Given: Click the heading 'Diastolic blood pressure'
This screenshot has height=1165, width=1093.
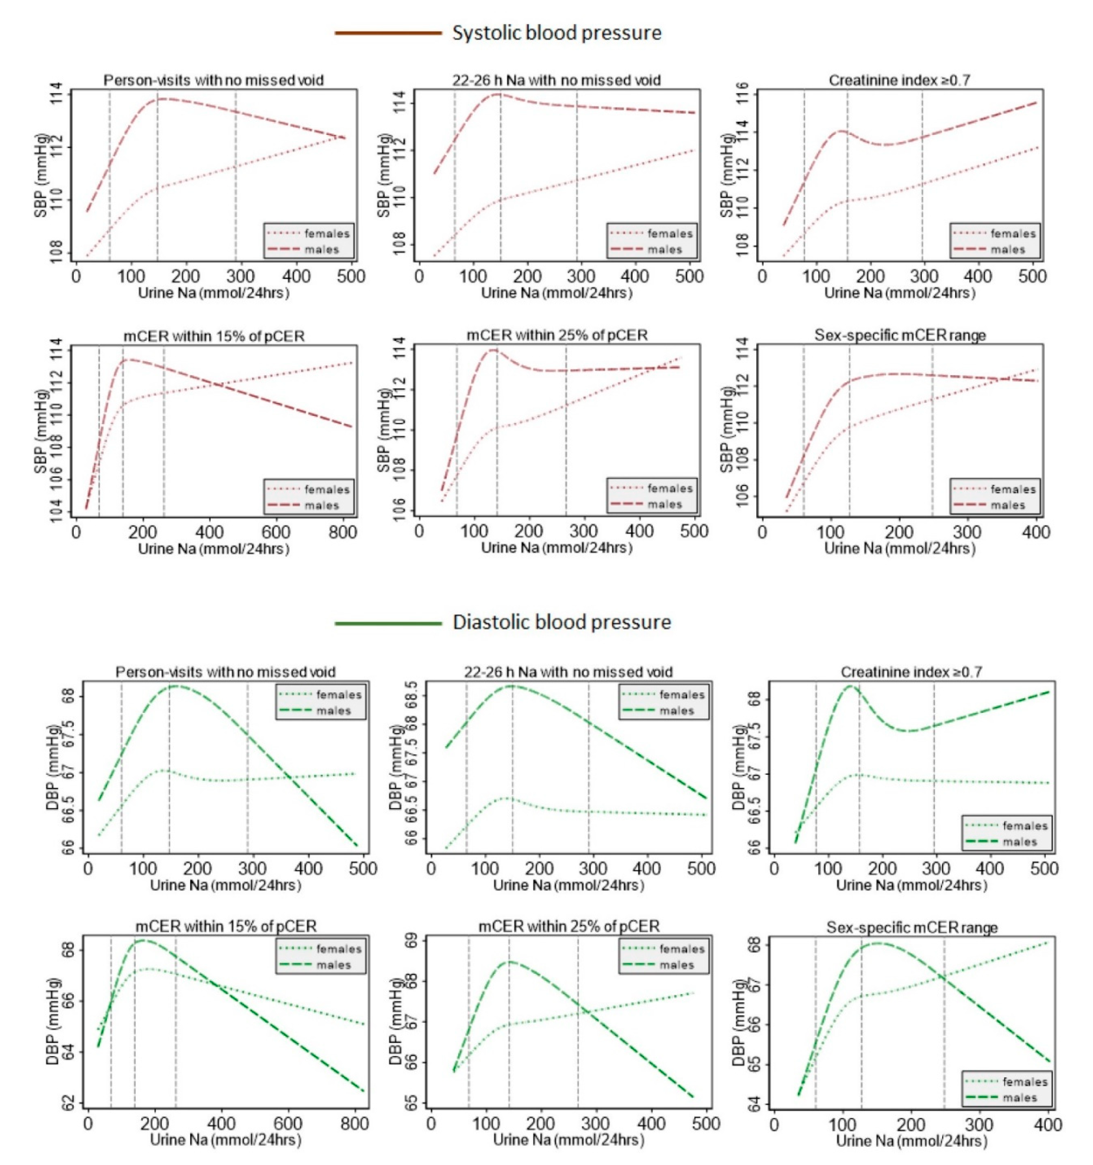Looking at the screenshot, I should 561,622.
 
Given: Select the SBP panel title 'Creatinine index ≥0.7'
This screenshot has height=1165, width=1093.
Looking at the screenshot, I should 899,80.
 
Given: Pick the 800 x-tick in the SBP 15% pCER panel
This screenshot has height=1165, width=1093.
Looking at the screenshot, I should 342,532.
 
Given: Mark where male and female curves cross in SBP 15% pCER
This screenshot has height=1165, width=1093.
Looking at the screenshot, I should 219,385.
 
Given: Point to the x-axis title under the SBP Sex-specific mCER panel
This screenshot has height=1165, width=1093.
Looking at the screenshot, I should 900,549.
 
